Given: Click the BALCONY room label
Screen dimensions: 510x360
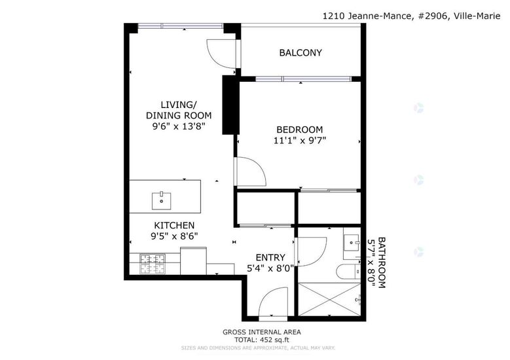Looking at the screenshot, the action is (301, 52).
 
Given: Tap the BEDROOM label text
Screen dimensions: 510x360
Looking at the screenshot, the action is (300, 130).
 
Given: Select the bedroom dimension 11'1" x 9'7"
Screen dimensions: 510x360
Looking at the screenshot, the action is (300, 141).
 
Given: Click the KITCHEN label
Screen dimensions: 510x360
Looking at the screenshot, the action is (174, 225).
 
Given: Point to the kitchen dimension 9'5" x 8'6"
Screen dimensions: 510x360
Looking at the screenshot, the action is (174, 236).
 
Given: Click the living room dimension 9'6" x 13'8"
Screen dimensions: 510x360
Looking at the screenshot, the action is (179, 126).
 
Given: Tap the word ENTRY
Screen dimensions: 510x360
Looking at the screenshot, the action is (270, 257).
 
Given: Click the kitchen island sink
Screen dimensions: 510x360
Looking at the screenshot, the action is (161, 201).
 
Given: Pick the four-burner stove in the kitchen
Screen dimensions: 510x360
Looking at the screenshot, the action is (153, 264).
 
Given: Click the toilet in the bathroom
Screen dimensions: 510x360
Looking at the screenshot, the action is (348, 272).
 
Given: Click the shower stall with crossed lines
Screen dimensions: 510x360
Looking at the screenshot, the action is (329, 299).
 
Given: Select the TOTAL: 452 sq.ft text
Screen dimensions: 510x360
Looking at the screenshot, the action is (262, 340).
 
